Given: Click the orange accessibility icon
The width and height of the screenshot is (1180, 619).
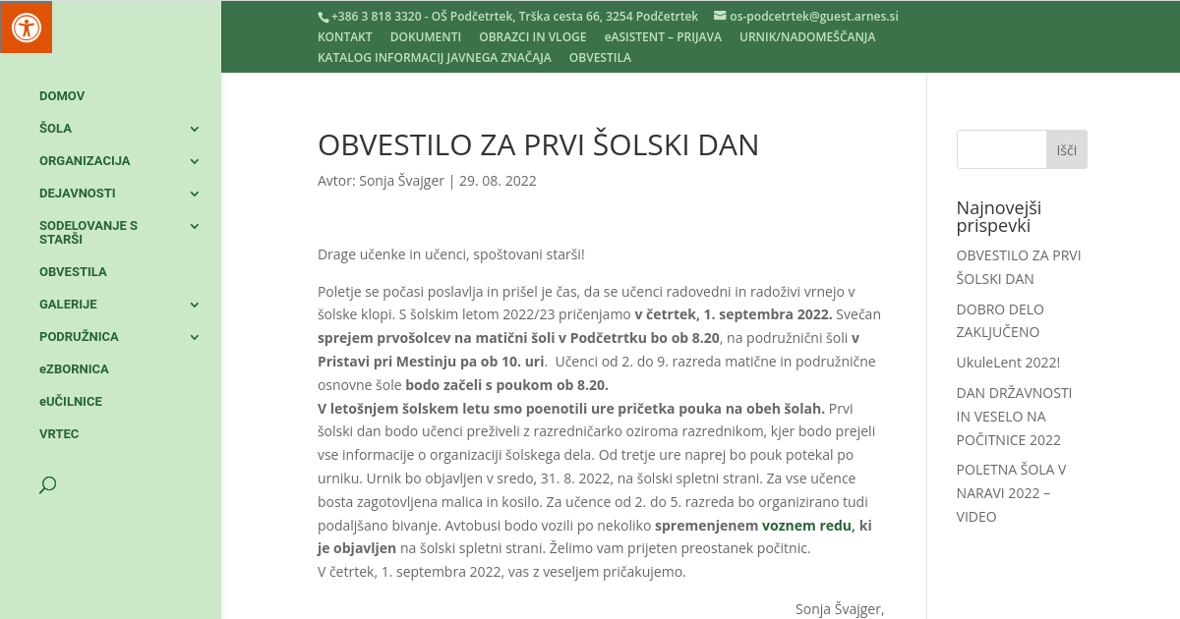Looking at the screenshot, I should [x=26, y=27].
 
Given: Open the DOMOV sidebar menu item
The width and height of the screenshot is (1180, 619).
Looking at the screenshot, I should [x=62, y=96].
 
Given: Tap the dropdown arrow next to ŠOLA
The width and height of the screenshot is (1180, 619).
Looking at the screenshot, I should [x=195, y=129].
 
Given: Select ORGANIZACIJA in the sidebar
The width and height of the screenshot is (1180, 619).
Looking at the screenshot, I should [x=85, y=161].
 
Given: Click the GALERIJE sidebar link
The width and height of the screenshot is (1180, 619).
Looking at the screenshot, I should [x=68, y=305].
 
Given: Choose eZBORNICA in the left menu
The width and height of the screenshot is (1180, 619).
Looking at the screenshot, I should [x=74, y=369].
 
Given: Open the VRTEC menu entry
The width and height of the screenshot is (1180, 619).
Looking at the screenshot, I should [x=59, y=434].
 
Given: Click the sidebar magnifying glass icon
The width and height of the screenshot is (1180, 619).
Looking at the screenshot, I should [x=47, y=484].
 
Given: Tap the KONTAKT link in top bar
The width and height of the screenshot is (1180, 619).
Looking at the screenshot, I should [x=344, y=37].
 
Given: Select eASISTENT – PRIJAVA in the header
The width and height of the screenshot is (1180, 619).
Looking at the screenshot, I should [x=663, y=37].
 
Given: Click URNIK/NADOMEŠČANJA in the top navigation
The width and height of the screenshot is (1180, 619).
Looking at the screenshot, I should [x=807, y=37].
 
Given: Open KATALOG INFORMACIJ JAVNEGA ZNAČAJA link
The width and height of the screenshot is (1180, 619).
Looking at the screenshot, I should [x=434, y=58].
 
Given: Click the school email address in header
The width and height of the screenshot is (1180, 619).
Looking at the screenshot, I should [x=813, y=17].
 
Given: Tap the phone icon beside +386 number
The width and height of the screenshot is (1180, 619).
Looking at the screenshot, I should [x=323, y=17].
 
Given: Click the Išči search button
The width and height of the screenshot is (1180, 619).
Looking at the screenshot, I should [x=1066, y=150].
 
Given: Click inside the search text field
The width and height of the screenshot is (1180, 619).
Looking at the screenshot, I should [x=1001, y=150].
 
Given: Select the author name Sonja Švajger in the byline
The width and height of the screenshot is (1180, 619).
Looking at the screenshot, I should [x=401, y=181].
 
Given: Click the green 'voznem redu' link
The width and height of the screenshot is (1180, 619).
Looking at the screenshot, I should [x=806, y=526].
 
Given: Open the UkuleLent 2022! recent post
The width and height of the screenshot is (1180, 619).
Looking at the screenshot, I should [x=1008, y=363].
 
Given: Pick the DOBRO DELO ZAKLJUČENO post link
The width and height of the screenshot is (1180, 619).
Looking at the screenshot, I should [x=1000, y=320].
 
